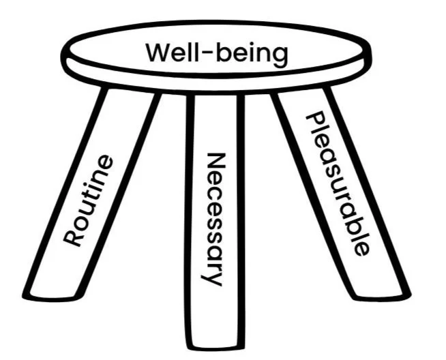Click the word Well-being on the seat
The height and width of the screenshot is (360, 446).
[x=218, y=53]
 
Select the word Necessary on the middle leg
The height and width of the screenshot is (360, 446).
[x=214, y=219]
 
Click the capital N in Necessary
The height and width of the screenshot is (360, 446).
[x=215, y=161]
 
